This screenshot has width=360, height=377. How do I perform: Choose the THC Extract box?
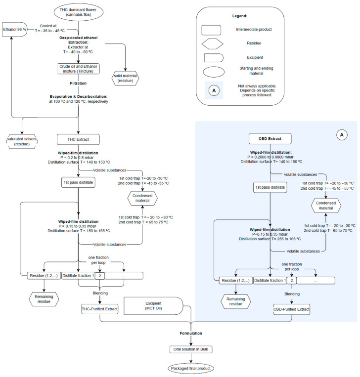pyautogui.click(x=79, y=138)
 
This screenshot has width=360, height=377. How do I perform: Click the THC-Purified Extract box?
pyautogui.click(x=100, y=309)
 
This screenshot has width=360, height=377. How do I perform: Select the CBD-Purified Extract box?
pyautogui.click(x=291, y=309)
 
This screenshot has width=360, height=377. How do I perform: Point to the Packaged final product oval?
pyautogui.click(x=190, y=368)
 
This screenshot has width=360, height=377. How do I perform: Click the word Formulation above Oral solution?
pyautogui.click(x=190, y=334)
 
